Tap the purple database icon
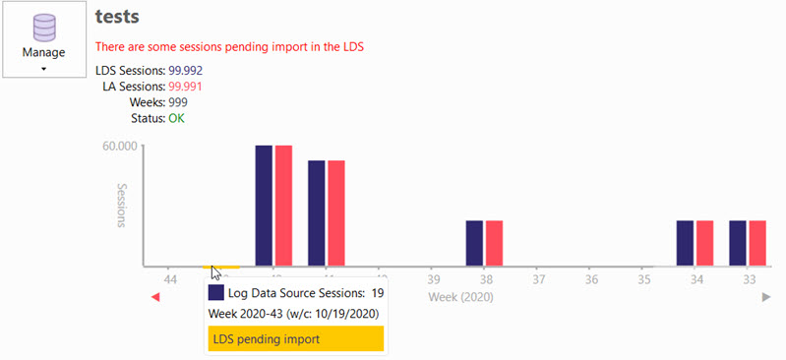point(43,28)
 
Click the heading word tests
point(117,17)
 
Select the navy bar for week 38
point(474,243)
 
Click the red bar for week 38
point(494,243)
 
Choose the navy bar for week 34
point(685,243)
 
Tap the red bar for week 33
point(757,243)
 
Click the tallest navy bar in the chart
point(264,206)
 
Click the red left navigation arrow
point(155,297)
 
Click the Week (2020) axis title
point(460,296)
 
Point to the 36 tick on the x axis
point(591,279)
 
